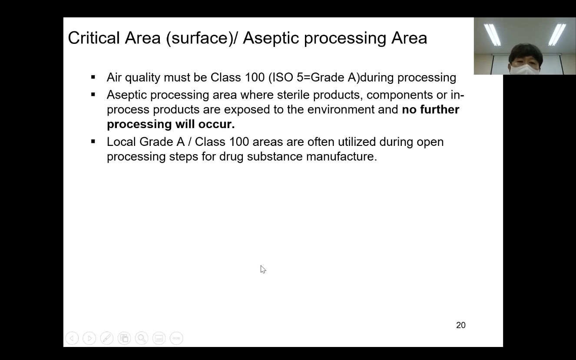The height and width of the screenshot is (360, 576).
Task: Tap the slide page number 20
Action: point(461,325)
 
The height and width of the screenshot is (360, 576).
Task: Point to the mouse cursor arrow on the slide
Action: point(263,269)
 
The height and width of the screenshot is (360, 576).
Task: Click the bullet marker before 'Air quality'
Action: point(93,77)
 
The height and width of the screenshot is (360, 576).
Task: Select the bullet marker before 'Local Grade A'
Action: point(93,142)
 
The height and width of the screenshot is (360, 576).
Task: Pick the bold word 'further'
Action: point(440,109)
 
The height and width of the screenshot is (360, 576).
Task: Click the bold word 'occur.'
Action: point(216,124)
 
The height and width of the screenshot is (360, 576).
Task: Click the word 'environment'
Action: point(341,109)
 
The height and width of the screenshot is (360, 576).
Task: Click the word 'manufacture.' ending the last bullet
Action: point(341,156)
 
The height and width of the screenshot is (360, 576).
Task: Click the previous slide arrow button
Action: point(72,338)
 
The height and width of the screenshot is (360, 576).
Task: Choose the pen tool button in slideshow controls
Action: point(107,338)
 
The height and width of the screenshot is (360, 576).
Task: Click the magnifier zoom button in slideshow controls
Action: point(142,338)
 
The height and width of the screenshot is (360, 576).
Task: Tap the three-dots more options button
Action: point(176,338)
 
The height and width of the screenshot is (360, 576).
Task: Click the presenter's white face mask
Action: point(525,69)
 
